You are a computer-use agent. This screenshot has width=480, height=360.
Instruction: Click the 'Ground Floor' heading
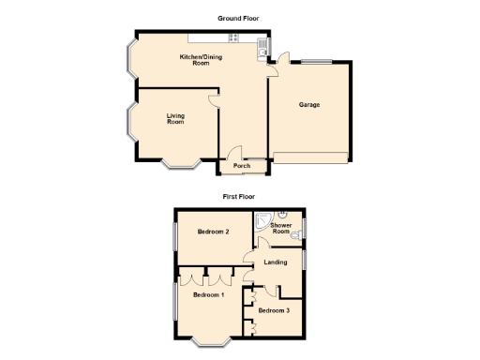(x=239, y=18)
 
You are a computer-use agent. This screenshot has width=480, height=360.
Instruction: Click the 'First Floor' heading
(x=239, y=197)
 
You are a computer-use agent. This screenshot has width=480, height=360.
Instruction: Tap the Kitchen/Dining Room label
(x=194, y=60)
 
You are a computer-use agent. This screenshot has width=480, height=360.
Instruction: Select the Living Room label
(x=175, y=118)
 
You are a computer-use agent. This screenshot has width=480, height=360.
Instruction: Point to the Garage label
(x=309, y=105)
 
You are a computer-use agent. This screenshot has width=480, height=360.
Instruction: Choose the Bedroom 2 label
(x=214, y=231)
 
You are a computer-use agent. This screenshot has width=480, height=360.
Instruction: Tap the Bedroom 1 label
(x=208, y=294)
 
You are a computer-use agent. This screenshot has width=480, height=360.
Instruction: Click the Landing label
(x=275, y=262)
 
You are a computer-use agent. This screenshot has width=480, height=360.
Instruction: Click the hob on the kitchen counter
(x=233, y=38)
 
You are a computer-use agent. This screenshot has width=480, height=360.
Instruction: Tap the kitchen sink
(x=262, y=43)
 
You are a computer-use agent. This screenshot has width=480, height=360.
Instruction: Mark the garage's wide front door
(x=309, y=157)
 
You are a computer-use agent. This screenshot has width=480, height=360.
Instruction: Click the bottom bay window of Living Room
(x=179, y=166)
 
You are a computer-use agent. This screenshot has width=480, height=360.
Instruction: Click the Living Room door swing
(x=215, y=97)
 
